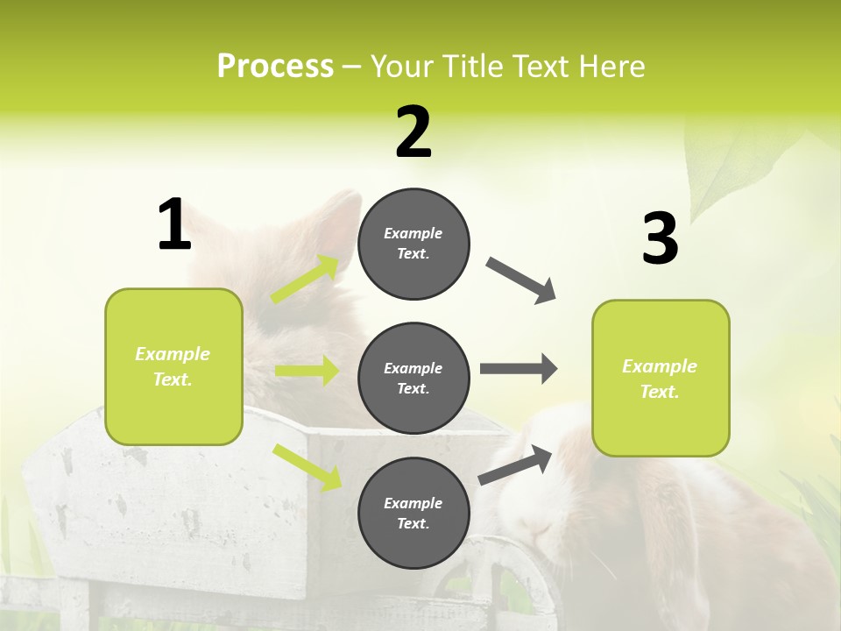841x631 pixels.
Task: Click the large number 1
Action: (174, 225)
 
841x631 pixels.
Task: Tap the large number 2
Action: (413, 132)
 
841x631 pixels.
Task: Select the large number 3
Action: (660, 238)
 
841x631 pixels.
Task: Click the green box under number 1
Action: (173, 366)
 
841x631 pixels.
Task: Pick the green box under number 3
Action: (661, 379)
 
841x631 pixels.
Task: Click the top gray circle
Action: (413, 244)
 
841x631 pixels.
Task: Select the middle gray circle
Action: (413, 378)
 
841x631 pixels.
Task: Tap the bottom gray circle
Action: (413, 513)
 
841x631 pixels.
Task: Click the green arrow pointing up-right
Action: (306, 280)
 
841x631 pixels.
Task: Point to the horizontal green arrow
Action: (307, 371)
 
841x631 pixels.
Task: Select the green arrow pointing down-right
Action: (307, 466)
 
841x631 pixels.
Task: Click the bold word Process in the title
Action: (275, 66)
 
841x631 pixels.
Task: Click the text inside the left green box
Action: (173, 366)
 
